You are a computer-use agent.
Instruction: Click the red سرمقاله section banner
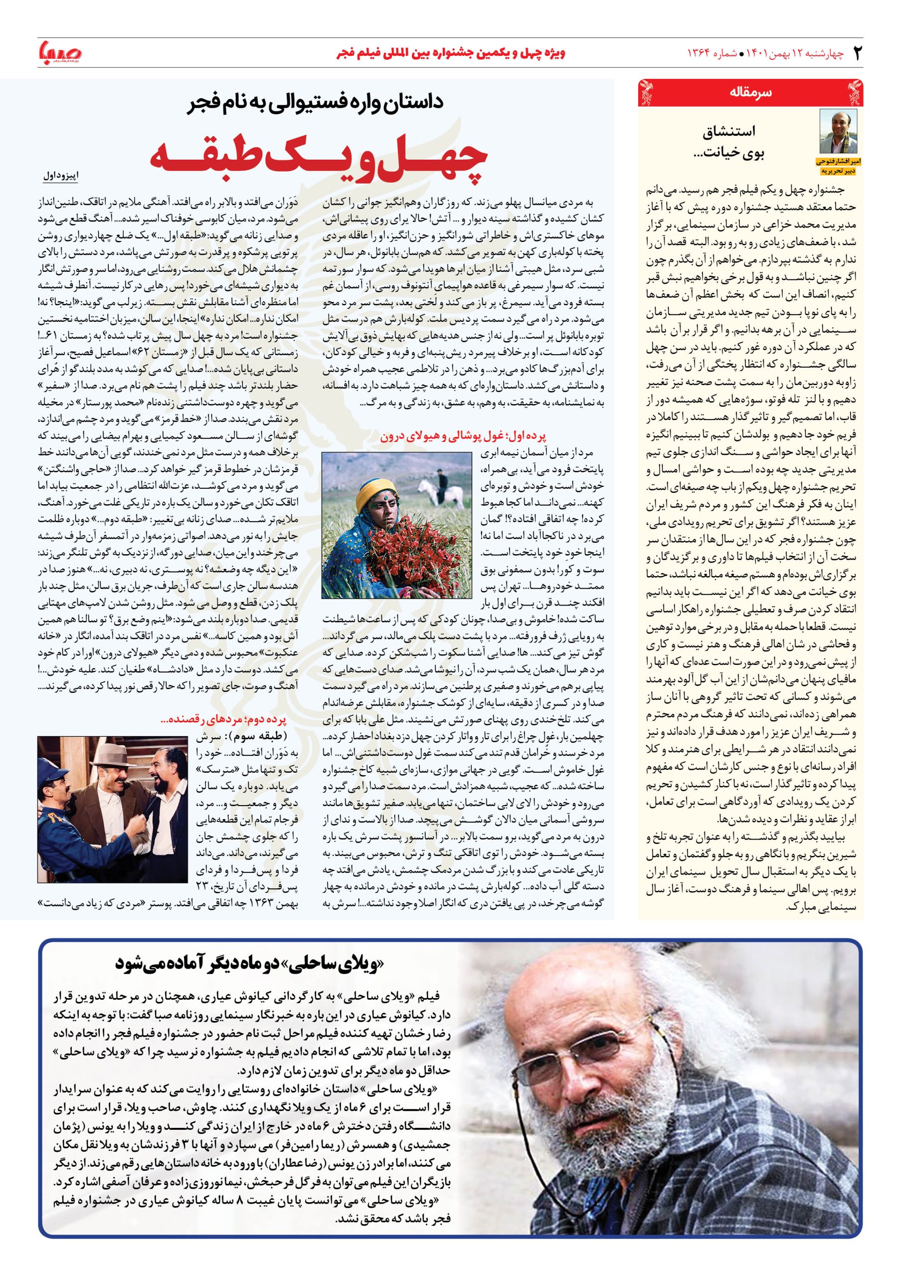tap(750, 93)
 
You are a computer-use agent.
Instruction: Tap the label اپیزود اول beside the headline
tap(61, 176)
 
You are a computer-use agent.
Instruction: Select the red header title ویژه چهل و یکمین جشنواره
tap(451, 53)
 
